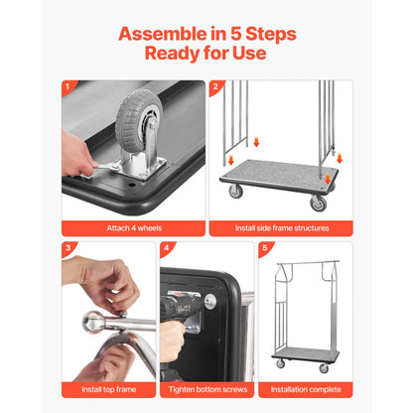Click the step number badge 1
(x=68, y=87)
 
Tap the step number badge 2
(x=215, y=87)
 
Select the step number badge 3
(x=68, y=247)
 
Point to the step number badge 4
(x=166, y=247)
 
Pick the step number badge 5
(x=265, y=247)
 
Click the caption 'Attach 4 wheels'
(x=133, y=228)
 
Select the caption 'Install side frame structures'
(x=281, y=228)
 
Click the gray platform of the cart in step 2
(x=281, y=175)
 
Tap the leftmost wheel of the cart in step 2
(x=235, y=191)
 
